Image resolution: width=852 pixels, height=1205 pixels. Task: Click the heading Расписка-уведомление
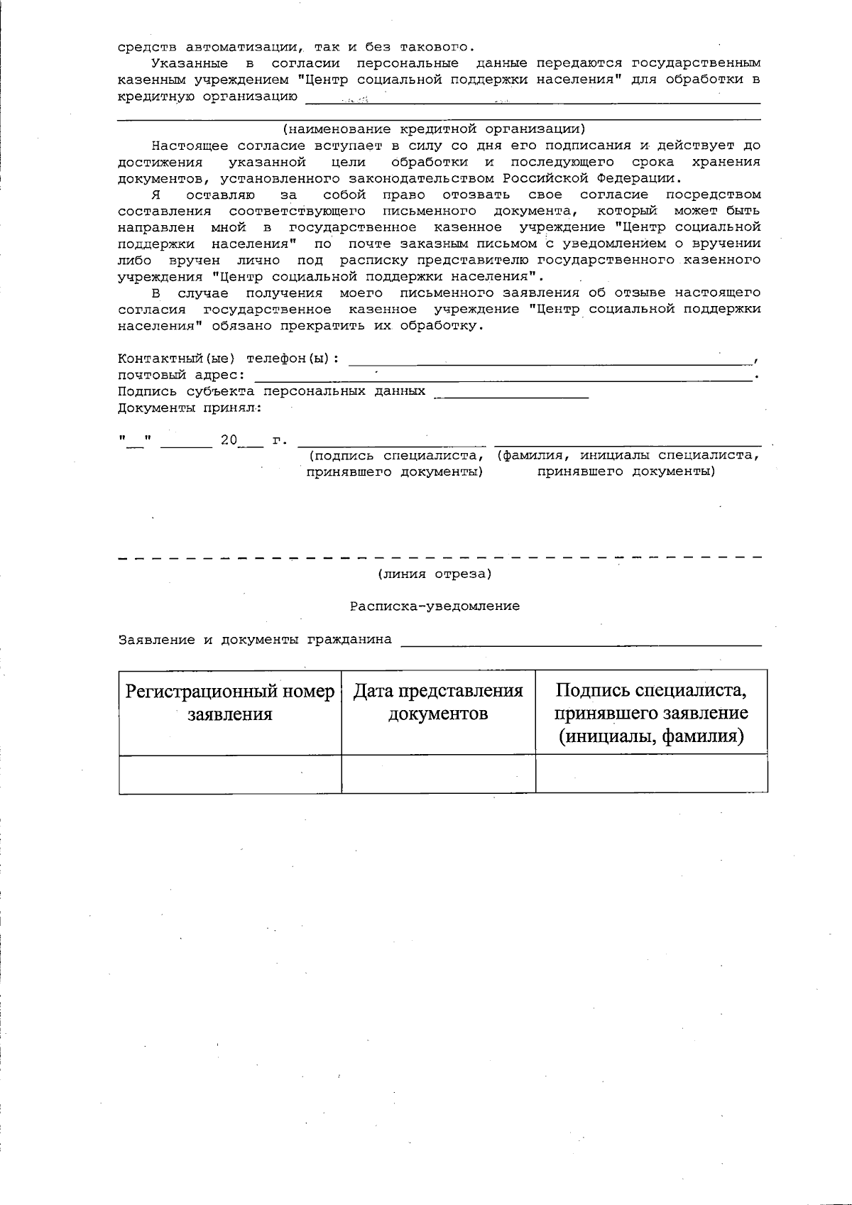click(x=435, y=606)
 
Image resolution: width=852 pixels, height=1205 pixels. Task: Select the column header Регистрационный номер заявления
click(x=229, y=703)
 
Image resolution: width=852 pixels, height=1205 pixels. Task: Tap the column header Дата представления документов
click(x=438, y=703)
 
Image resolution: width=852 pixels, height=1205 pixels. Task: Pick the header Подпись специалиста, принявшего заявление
click(x=651, y=713)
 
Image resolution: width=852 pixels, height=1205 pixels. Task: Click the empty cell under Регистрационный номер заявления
click(x=229, y=774)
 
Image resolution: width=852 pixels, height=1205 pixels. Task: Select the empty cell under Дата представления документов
click(x=438, y=774)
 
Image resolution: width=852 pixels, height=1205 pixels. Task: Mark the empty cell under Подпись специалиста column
click(x=651, y=774)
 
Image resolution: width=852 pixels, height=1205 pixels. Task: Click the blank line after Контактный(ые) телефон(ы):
click(x=550, y=362)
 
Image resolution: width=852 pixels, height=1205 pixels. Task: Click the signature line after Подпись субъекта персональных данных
click(x=511, y=395)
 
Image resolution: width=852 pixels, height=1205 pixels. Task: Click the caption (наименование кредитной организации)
click(x=434, y=129)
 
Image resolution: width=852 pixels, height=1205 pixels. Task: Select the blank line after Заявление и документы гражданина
click(x=581, y=643)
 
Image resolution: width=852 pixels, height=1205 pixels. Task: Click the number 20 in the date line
click(x=229, y=440)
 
